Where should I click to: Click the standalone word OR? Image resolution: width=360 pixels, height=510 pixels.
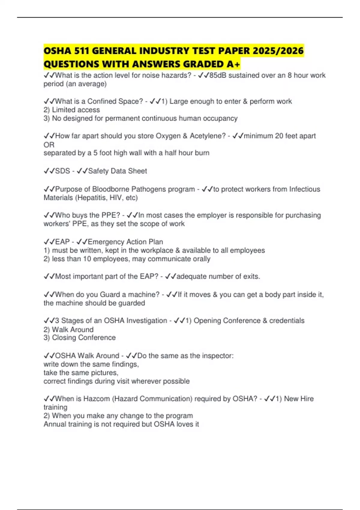[49, 145]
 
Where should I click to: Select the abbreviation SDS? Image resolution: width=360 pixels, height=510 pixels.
[62, 171]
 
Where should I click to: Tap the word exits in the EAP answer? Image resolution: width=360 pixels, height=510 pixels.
[251, 276]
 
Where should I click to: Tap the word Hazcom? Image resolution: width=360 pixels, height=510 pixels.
[97, 399]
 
